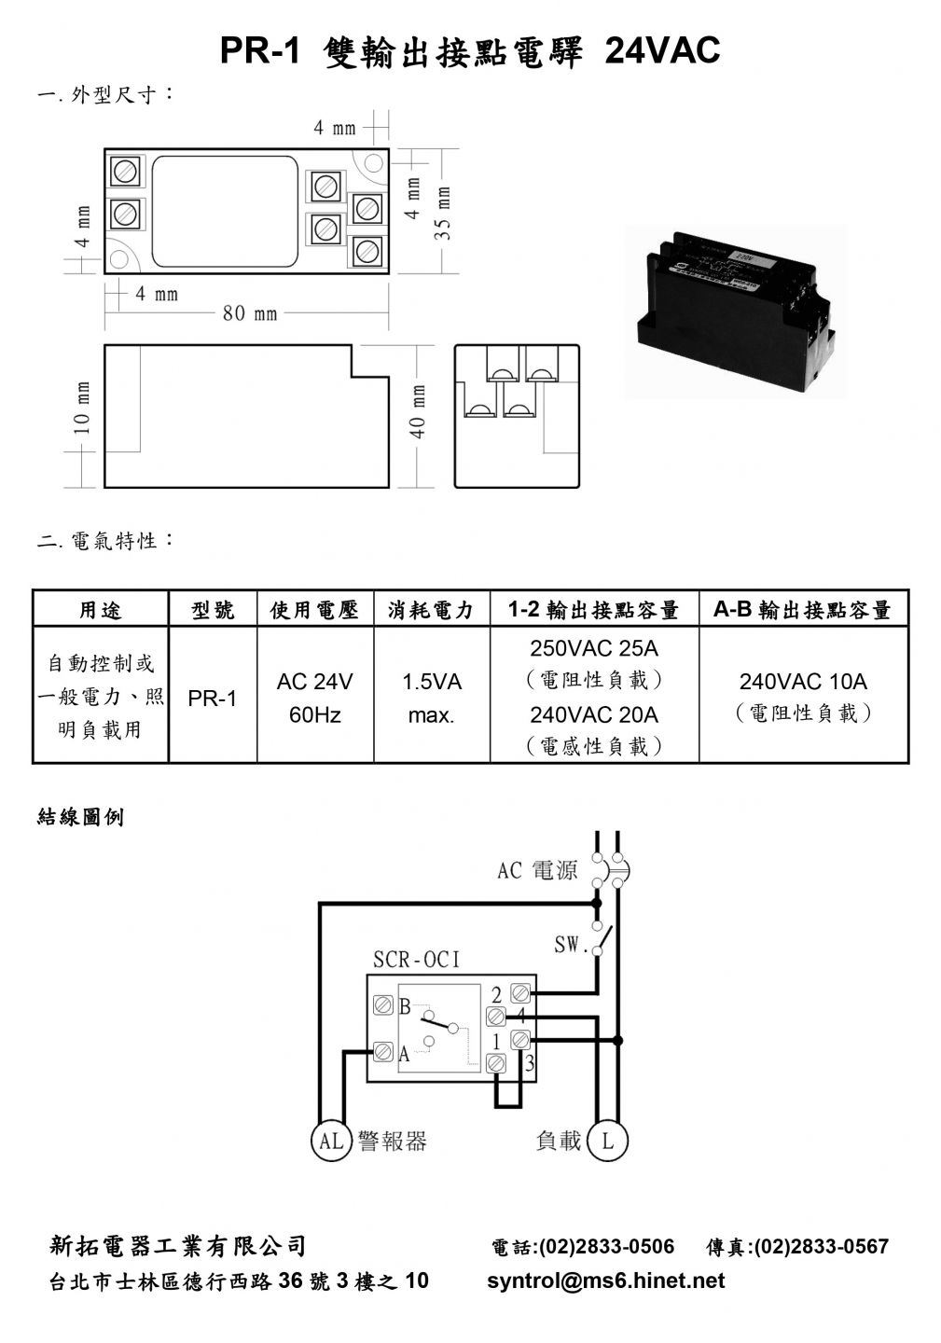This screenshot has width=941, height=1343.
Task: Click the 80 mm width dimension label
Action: pyautogui.click(x=250, y=313)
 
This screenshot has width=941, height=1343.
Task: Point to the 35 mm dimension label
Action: pyautogui.click(x=442, y=213)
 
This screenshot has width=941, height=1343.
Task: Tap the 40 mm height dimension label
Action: pyautogui.click(x=418, y=410)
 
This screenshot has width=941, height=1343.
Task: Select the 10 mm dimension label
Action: pyautogui.click(x=82, y=408)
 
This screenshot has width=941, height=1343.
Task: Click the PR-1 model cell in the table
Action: pyautogui.click(x=213, y=699)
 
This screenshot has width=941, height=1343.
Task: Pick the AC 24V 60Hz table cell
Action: pyautogui.click(x=314, y=698)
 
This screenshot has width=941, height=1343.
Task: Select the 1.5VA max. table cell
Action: pyautogui.click(x=432, y=698)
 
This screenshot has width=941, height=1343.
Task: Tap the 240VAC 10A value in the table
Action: pyautogui.click(x=803, y=682)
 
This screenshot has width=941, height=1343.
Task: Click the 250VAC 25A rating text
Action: pyautogui.click(x=594, y=648)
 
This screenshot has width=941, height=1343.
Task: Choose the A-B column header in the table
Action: pyautogui.click(x=803, y=610)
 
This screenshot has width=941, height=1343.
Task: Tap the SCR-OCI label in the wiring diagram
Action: pyautogui.click(x=416, y=960)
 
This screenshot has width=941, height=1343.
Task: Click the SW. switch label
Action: pyautogui.click(x=567, y=945)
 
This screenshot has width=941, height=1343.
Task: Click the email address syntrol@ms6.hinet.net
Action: pyautogui.click(x=605, y=1281)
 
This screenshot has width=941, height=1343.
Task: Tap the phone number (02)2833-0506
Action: pyautogui.click(x=606, y=1246)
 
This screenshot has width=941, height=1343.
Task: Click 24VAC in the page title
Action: pyautogui.click(x=662, y=49)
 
